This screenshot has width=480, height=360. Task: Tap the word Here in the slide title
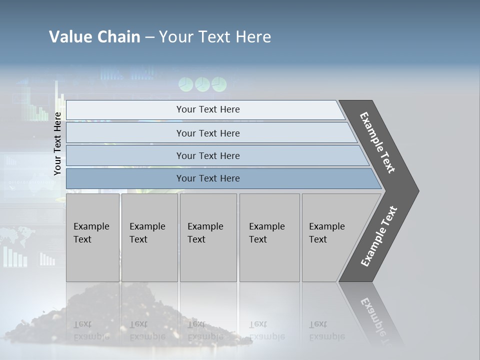(253, 37)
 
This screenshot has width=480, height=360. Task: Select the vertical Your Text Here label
(57, 143)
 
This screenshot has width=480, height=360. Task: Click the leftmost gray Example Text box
(92, 237)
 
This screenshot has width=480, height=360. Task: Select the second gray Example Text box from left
(149, 237)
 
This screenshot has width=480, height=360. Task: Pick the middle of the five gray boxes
(208, 237)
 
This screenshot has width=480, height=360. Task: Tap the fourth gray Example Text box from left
(269, 237)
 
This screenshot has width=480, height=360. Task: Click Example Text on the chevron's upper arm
(377, 142)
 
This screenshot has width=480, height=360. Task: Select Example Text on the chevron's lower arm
(379, 236)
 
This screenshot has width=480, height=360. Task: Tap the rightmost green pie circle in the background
(219, 84)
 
